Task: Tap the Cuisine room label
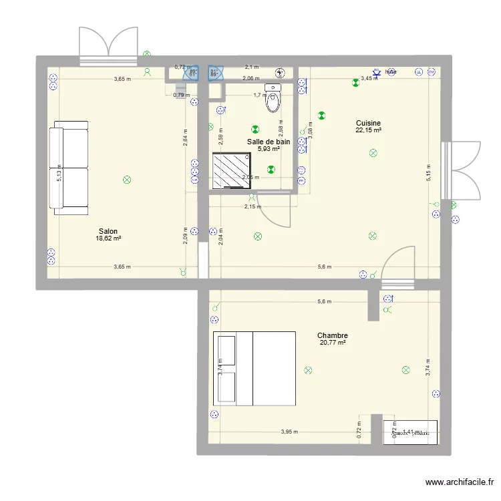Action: tap(368, 123)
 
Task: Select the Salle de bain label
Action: tap(269, 142)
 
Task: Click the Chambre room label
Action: tap(333, 335)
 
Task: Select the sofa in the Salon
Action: tap(69, 168)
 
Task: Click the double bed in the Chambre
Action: tap(254, 368)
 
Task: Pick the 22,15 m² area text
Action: tap(368, 130)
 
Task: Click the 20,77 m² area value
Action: tap(333, 343)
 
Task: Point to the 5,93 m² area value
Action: tap(269, 149)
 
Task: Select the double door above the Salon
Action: tap(108, 46)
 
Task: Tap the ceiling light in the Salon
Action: tap(127, 180)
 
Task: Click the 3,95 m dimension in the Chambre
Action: tap(289, 432)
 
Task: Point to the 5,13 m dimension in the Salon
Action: tap(59, 176)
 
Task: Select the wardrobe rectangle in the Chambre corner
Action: tap(410, 432)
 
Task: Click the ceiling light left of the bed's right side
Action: tap(308, 370)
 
